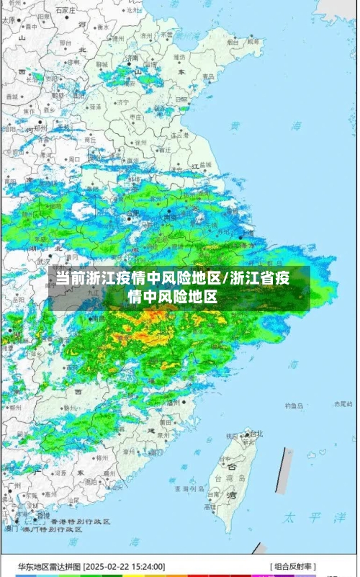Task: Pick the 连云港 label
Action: click(x=182, y=134)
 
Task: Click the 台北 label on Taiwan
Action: click(x=255, y=434)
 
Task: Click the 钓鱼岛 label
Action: click(x=294, y=406)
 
